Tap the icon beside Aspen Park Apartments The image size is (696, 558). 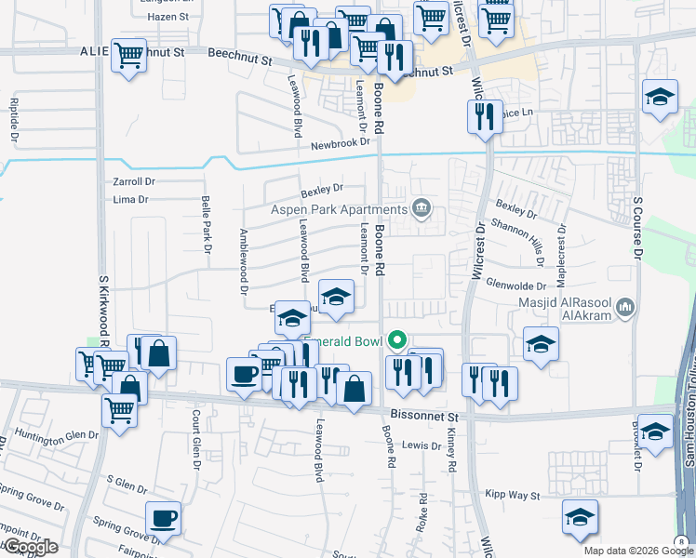point(422,206)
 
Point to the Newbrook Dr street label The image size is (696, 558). point(341,144)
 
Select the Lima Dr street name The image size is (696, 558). point(130,199)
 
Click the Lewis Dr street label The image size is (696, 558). point(421,445)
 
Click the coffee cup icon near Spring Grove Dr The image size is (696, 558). point(164,518)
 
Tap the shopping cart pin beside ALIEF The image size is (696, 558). point(127,55)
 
